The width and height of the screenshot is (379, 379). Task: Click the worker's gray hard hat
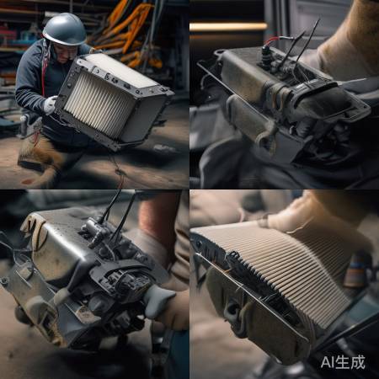click(x=65, y=30)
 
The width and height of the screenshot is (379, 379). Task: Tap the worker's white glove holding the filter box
click(x=51, y=104)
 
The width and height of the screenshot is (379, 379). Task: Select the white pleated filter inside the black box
click(x=99, y=104)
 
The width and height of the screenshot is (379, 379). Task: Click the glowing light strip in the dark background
click(x=228, y=27)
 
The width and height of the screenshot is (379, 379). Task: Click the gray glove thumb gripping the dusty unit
click(x=158, y=302)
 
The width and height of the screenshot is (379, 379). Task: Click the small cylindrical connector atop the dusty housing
click(x=95, y=229)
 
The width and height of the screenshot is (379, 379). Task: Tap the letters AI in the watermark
click(x=328, y=362)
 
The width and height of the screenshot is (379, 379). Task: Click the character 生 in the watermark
click(x=343, y=362)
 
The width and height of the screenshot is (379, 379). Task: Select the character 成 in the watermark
click(x=358, y=362)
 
